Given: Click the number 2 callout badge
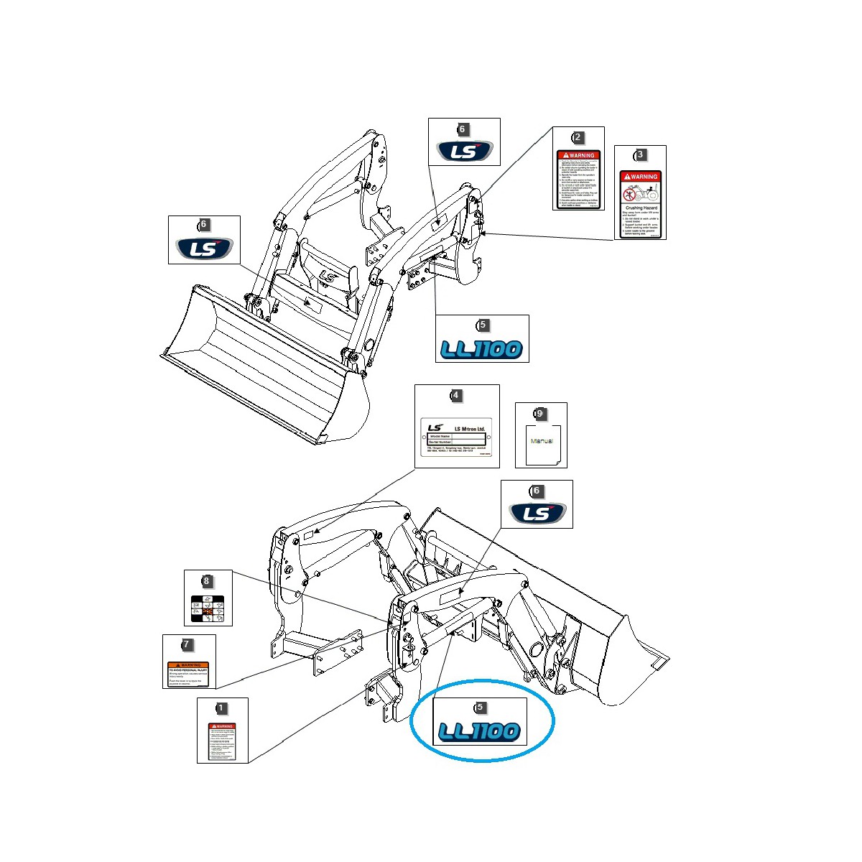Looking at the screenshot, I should pos(578,137).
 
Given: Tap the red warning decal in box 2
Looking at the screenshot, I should pos(578,180).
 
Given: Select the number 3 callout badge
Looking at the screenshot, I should pos(640,155).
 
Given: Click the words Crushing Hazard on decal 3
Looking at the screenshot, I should pos(640,208).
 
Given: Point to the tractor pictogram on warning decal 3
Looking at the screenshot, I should pos(640,193).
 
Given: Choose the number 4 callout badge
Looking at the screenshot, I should pos(455,396).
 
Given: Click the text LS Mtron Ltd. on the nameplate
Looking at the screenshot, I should pos(470,429).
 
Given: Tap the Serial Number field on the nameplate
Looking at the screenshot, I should pos(440,442).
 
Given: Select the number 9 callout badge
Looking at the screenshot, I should pos(539,414).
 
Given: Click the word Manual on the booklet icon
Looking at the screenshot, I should pos(542,441).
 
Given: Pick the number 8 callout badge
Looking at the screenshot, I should pos(207,581).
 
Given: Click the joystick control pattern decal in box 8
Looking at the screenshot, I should pos(208,610).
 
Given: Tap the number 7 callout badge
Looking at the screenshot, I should pos(187,644).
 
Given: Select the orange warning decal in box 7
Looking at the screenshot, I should pos(188,674).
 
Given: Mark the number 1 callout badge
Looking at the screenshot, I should pos(221,708).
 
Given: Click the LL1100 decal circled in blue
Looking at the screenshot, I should pos(479,732).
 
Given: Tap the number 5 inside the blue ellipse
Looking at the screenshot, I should pos(481,708).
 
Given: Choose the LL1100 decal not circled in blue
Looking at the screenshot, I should pos(482,349).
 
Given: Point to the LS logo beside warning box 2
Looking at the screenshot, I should pos(465,152).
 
